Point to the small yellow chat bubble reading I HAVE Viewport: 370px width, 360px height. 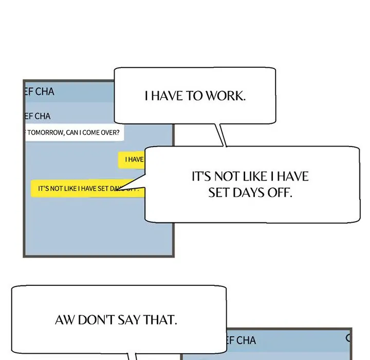[133, 159]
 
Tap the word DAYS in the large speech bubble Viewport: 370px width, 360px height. [252, 193]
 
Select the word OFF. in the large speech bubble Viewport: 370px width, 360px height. [281, 193]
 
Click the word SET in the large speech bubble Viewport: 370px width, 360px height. [219, 193]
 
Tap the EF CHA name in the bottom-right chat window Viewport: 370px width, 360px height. [241, 340]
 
